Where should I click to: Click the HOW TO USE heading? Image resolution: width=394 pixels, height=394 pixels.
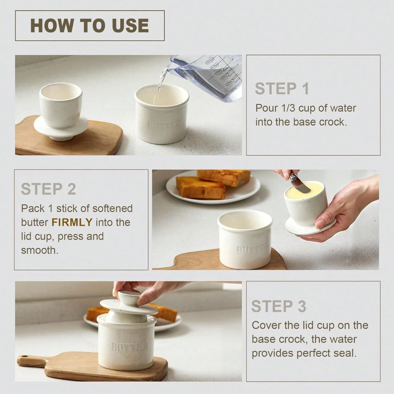89,25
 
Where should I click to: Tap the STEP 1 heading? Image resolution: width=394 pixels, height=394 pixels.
282,89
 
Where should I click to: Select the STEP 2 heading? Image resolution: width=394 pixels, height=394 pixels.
48,189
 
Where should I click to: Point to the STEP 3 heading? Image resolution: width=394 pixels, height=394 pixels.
279,306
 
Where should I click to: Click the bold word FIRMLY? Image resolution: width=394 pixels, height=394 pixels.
72,223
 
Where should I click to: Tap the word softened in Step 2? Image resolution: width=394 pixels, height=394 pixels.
112,208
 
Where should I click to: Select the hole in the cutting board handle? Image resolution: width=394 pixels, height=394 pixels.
24,357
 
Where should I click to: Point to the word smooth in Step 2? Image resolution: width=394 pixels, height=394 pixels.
40,250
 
